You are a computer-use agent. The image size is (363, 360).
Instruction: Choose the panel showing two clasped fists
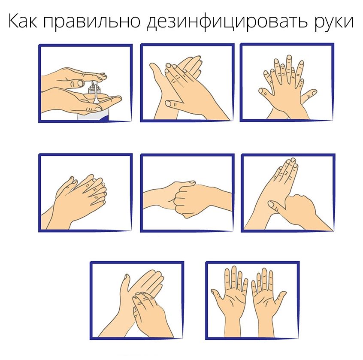(187, 193)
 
